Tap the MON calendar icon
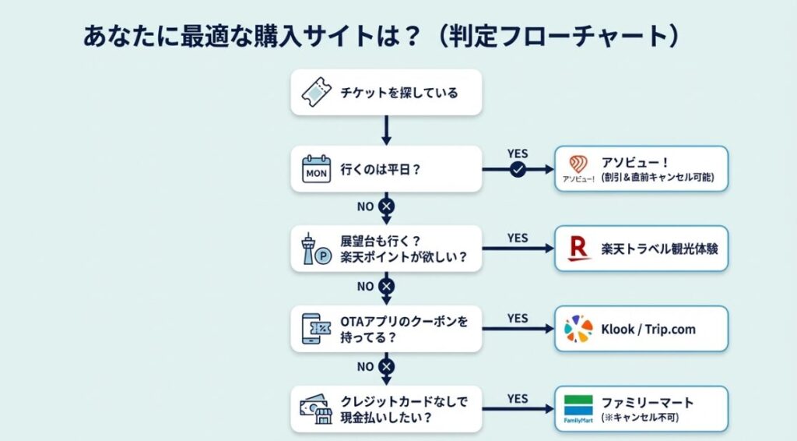point(317,169)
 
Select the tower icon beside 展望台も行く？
point(315,249)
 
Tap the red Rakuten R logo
point(580,249)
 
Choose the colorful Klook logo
point(578,329)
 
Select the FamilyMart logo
point(578,407)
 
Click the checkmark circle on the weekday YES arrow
point(517,170)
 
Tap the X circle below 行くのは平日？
point(386,206)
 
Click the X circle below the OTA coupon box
point(386,366)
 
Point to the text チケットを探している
point(399,93)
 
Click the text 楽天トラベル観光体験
point(658,249)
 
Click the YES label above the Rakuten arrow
point(518,238)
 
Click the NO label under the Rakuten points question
point(366,286)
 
